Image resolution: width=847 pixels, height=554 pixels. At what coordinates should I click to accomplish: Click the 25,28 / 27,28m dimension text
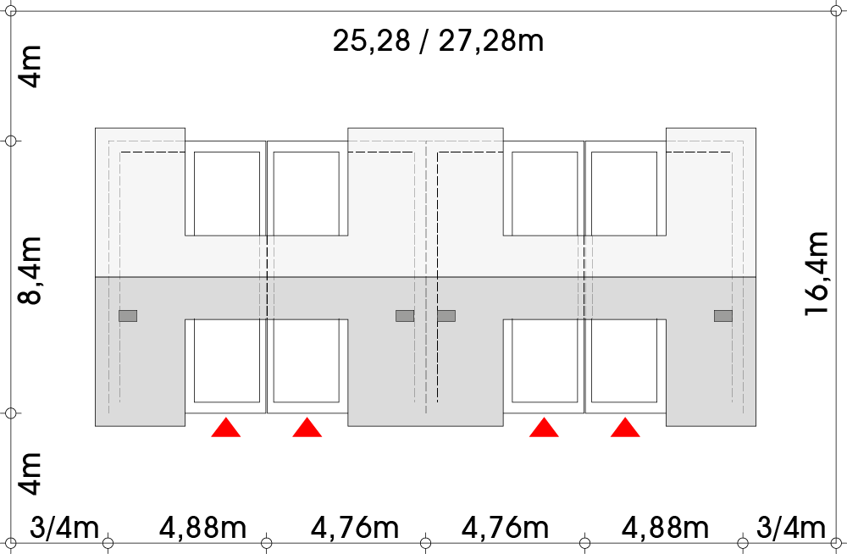pyautogui.click(x=438, y=41)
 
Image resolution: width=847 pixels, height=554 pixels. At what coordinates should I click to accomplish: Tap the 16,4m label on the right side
pyautogui.click(x=818, y=273)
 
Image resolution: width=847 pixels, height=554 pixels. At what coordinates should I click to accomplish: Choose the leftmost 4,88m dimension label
pyautogui.click(x=202, y=528)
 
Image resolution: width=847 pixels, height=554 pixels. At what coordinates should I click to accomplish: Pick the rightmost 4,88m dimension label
pyautogui.click(x=665, y=528)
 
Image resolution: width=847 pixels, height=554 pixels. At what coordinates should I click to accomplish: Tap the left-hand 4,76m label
pyautogui.click(x=355, y=528)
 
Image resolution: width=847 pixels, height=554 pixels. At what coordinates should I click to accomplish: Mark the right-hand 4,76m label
pyautogui.click(x=505, y=528)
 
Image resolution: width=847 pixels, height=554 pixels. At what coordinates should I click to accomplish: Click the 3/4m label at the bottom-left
pyautogui.click(x=64, y=528)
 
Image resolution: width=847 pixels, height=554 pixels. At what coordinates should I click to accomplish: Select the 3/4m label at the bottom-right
pyautogui.click(x=792, y=528)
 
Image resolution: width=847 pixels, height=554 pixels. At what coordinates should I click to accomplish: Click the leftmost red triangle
pyautogui.click(x=226, y=428)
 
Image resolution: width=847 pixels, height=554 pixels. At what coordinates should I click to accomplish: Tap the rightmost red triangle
pyautogui.click(x=625, y=428)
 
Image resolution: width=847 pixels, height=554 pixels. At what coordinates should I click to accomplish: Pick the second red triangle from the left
pyautogui.click(x=307, y=428)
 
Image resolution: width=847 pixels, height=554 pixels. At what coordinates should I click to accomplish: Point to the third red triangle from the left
pyautogui.click(x=544, y=428)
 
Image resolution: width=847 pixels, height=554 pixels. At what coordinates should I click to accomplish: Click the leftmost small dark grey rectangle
pyautogui.click(x=128, y=316)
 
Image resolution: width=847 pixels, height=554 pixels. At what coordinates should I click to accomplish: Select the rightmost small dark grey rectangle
pyautogui.click(x=723, y=316)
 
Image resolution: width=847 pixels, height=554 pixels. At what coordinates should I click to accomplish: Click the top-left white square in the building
pyautogui.click(x=227, y=193)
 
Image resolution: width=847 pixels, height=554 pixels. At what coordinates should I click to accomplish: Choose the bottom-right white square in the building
pyautogui.click(x=624, y=360)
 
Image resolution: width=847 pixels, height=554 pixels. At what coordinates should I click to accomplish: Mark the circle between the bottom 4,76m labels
pyautogui.click(x=426, y=542)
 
